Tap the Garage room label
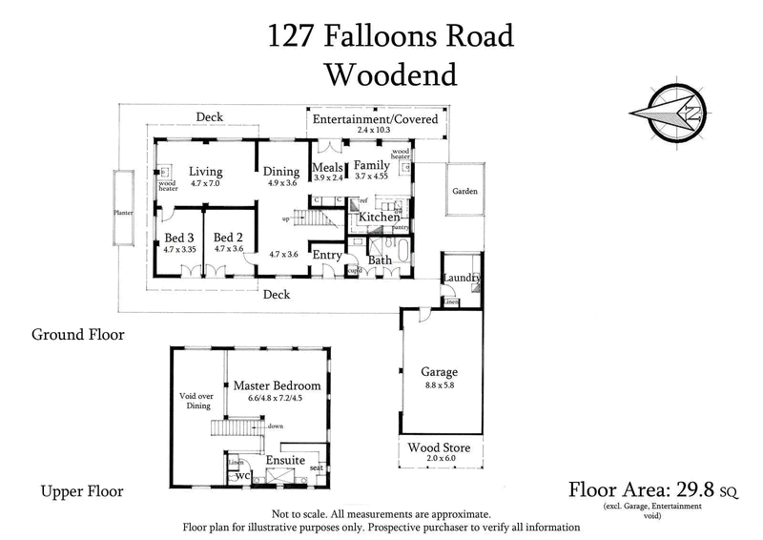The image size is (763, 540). point(439,372)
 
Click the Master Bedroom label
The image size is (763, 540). point(277,385)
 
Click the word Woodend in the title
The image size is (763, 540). point(390,73)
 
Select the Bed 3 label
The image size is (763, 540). point(179,238)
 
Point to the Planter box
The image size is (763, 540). point(122,213)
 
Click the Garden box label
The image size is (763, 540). point(466,191)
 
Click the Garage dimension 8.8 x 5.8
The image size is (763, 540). point(440,385)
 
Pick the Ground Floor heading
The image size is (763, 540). point(77,335)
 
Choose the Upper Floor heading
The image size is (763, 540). point(81,492)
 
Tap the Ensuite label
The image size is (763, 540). point(285,460)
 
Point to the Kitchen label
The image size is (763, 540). point(379,218)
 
